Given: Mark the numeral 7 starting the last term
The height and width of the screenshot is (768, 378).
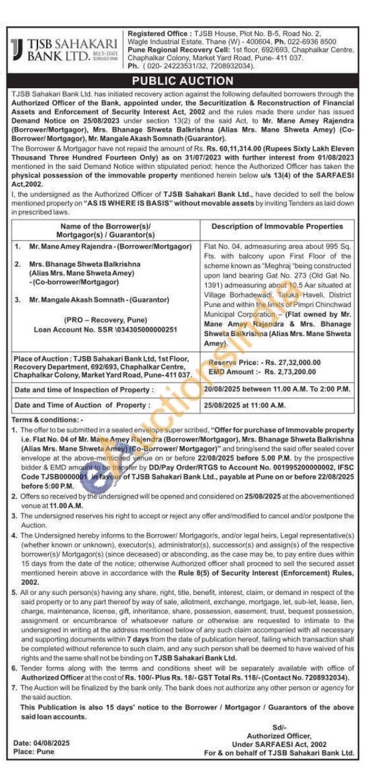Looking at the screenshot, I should [14, 687].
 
